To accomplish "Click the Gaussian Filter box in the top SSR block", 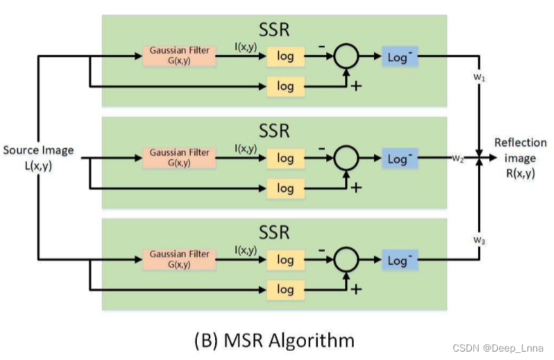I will pyautogui.click(x=179, y=56).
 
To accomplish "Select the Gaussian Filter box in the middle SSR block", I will pyautogui.click(x=179, y=157).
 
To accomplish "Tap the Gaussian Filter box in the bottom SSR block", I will pyautogui.click(x=179, y=259).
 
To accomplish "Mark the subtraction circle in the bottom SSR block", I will pyautogui.click(x=344, y=260).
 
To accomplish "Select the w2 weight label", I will pyautogui.click(x=458, y=159).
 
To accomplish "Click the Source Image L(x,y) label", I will pyautogui.click(x=38, y=157).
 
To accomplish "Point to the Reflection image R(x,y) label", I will pyautogui.click(x=520, y=157).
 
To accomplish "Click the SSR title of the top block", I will pyautogui.click(x=274, y=30).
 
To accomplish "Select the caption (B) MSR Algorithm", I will pyautogui.click(x=274, y=341).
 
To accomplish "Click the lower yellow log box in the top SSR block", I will pyautogui.click(x=285, y=86).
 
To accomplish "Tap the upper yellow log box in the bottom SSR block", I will pyautogui.click(x=285, y=260).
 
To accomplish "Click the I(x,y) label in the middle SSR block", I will pyautogui.click(x=245, y=149).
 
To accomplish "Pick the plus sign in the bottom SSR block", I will pyautogui.click(x=356, y=288).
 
